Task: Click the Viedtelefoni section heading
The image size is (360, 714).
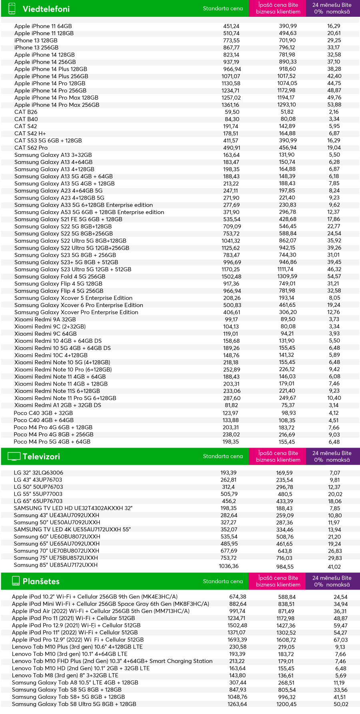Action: point(46,9)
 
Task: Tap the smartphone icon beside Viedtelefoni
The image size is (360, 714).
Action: point(12,8)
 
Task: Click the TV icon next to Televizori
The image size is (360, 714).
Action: point(14,456)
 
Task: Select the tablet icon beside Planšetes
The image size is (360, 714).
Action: point(16,581)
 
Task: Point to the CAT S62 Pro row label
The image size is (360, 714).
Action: point(31,148)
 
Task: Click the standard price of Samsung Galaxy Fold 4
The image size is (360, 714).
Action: point(231,276)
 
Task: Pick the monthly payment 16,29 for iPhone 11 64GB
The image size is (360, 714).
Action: point(334,26)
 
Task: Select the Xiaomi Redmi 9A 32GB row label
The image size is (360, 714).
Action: point(45,319)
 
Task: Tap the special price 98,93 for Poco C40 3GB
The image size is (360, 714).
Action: point(288,413)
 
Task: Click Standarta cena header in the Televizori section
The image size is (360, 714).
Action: point(223,456)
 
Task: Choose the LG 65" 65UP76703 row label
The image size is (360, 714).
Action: point(38,501)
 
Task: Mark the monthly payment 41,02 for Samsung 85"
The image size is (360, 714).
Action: point(334,566)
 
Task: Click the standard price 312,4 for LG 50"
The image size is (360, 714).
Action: point(228,487)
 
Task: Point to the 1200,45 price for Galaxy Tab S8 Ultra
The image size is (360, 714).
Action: point(287,704)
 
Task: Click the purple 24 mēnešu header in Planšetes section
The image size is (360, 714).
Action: point(332,581)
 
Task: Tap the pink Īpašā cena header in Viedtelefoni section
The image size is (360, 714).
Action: point(278,8)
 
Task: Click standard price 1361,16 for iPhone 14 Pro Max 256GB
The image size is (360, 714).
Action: point(231,105)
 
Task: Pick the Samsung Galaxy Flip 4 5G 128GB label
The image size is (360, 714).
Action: point(58,284)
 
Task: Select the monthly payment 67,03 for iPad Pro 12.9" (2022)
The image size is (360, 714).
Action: point(340,640)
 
